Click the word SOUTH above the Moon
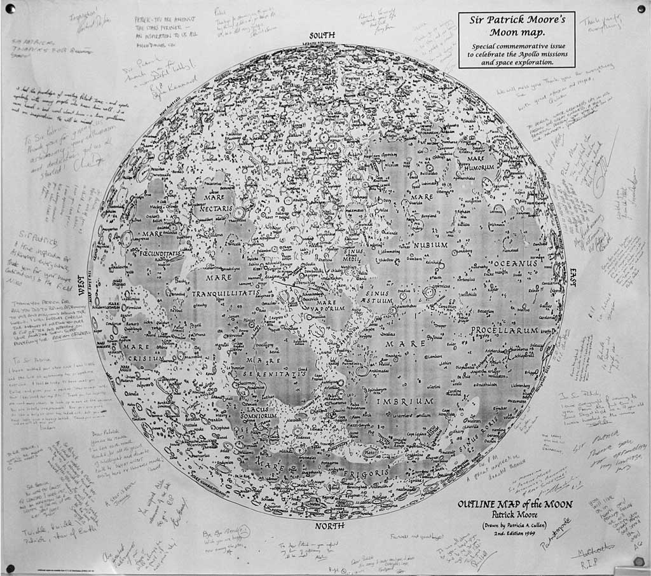(325, 36)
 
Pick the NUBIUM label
(431, 245)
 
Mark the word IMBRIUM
(405, 402)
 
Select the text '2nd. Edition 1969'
(515, 533)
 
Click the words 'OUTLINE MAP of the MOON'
(515, 504)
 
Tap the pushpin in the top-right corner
(640, 9)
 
